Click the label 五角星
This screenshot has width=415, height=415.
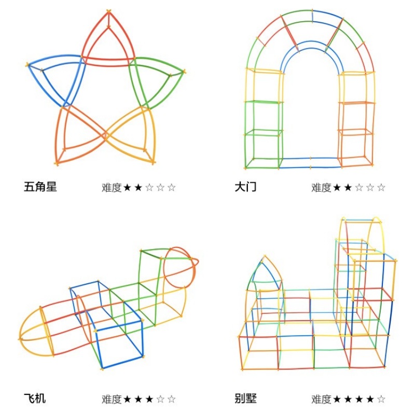pos(40,187)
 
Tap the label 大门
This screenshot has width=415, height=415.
pos(245,187)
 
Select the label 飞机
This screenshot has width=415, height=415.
pos(35,398)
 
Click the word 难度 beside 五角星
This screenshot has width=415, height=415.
pos(111,187)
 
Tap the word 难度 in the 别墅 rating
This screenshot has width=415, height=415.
pos(321,399)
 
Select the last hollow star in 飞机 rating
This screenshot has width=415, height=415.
pos(171,399)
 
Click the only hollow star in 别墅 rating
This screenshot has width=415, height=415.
pos(381,399)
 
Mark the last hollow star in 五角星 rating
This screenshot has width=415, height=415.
pos(171,187)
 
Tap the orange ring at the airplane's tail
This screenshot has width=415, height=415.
pos(179,266)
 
